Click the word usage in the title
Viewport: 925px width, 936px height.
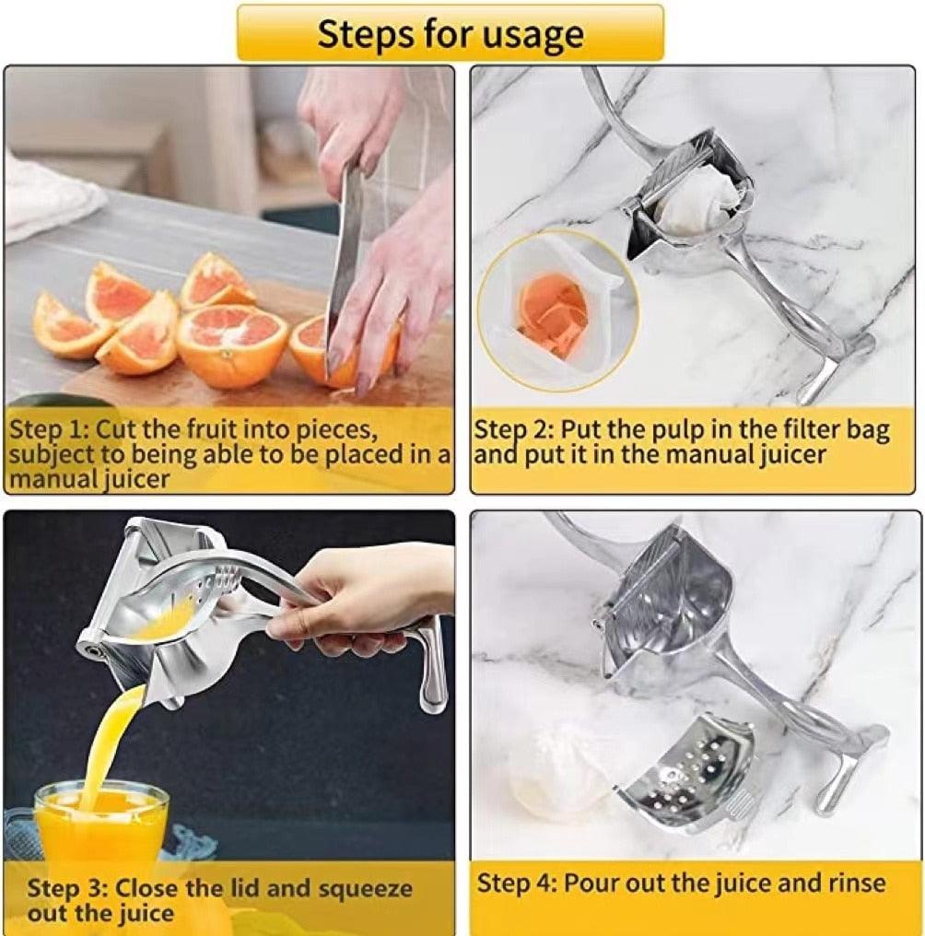click(x=533, y=35)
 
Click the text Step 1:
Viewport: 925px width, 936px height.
click(x=50, y=428)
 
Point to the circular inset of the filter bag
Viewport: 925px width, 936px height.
click(x=558, y=311)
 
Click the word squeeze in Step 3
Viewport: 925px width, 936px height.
click(x=366, y=889)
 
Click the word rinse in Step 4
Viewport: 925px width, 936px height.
click(x=857, y=882)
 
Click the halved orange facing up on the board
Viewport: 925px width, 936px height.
click(x=233, y=345)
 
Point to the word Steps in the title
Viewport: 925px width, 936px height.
click(x=365, y=34)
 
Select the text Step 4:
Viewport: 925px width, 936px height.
click(x=517, y=883)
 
